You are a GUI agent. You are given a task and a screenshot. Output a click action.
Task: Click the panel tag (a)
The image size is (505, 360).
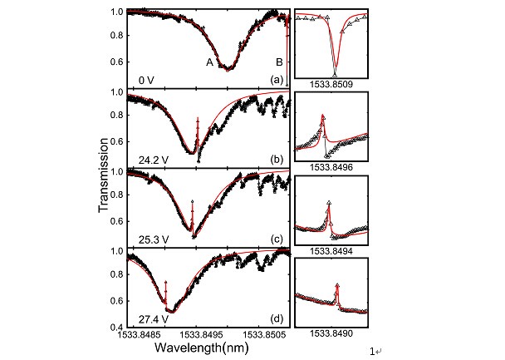pyautogui.click(x=277, y=80)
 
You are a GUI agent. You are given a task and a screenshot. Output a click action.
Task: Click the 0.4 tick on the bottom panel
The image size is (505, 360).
pyautogui.click(x=120, y=327)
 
